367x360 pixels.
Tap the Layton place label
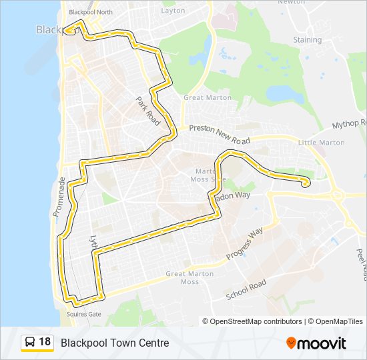(x=173, y=11)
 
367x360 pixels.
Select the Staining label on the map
(x=307, y=40)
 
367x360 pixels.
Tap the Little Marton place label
(x=321, y=143)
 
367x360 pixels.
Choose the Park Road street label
(x=148, y=107)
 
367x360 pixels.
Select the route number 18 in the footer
(x=45, y=342)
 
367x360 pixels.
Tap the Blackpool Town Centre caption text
(x=115, y=343)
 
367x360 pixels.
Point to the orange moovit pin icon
(x=292, y=343)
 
